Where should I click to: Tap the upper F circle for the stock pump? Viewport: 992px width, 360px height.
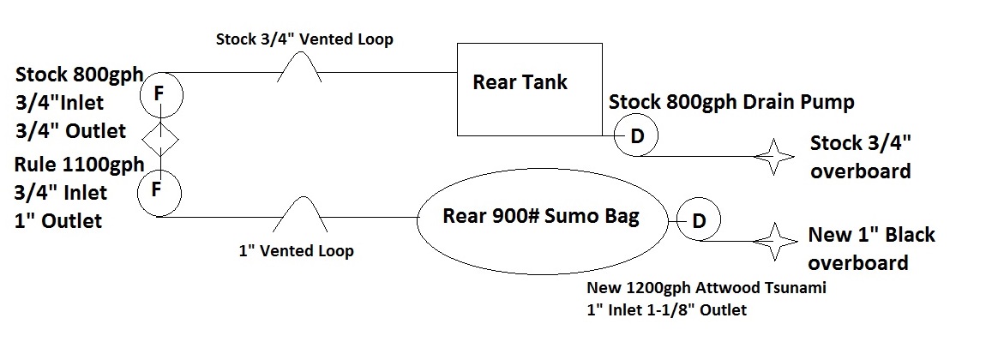(x=159, y=96)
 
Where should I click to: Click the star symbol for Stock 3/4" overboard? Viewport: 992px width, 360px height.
(x=774, y=157)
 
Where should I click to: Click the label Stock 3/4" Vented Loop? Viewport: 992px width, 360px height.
(x=304, y=39)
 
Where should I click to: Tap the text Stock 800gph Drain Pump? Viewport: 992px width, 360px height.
(x=731, y=103)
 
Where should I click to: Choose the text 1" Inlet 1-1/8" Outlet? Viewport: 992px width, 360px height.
(x=666, y=310)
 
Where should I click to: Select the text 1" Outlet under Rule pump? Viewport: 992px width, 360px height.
(x=57, y=220)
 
